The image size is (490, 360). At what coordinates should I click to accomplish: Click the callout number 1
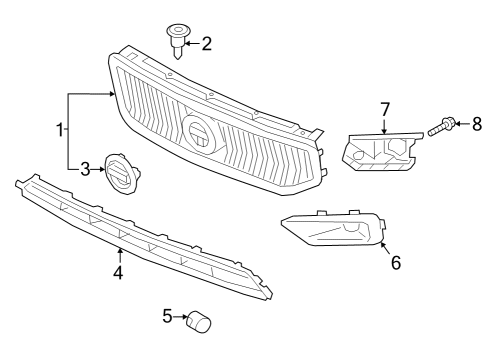click(60, 129)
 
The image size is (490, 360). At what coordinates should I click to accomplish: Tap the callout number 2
click(207, 43)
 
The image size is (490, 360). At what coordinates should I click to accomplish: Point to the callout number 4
click(118, 271)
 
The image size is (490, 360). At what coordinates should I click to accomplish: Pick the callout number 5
click(167, 317)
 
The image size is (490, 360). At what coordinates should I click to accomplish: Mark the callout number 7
click(384, 108)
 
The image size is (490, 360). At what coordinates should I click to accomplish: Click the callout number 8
click(476, 124)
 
